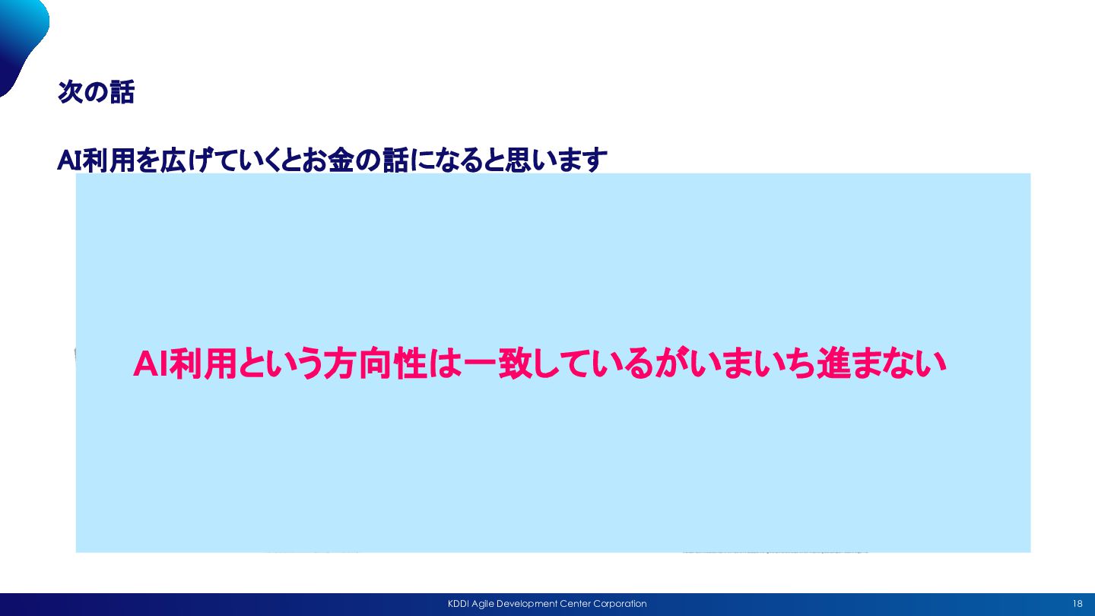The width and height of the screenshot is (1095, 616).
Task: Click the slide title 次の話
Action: pyautogui.click(x=96, y=92)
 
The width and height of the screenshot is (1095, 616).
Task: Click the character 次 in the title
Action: pyautogui.click(x=71, y=92)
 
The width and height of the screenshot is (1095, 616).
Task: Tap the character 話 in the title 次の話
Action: pyautogui.click(x=122, y=92)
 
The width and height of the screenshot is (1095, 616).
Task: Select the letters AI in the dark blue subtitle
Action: pyautogui.click(x=69, y=160)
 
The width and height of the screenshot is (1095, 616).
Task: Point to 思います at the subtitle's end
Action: pyautogui.click(x=556, y=160)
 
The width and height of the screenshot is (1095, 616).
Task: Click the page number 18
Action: pyautogui.click(x=1078, y=604)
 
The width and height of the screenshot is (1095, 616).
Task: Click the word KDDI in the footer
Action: pyautogui.click(x=459, y=604)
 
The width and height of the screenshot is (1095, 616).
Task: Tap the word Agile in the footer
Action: pyautogui.click(x=483, y=605)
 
